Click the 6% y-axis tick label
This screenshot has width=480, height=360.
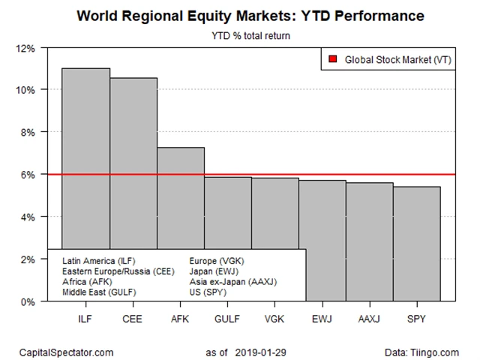(27, 174)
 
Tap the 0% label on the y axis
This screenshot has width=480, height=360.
(27, 301)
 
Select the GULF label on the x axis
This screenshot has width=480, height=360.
(227, 318)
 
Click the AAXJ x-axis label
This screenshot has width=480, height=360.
(369, 318)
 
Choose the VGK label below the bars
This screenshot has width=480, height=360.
(274, 318)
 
